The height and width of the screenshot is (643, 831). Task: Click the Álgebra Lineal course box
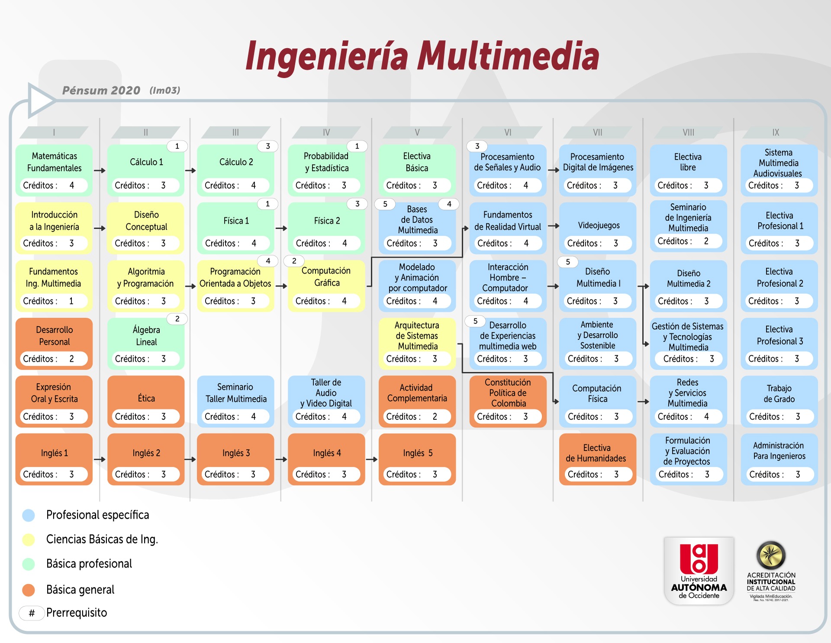146,344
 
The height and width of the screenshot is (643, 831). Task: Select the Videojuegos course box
598,228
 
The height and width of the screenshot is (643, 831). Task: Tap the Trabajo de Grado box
779,401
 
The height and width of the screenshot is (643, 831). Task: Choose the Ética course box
146,401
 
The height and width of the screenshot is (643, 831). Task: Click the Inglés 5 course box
417,459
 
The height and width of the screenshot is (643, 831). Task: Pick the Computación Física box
598,401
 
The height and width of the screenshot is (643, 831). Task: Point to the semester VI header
508,132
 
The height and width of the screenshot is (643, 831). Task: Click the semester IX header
776,132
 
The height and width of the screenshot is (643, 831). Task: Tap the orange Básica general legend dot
29,590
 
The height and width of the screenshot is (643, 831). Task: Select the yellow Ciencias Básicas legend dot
29,539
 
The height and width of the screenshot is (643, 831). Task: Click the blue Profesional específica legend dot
29,515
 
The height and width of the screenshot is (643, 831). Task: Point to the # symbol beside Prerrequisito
32,613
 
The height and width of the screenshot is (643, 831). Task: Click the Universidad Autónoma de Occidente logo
699,571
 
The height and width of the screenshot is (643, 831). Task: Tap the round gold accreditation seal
771,555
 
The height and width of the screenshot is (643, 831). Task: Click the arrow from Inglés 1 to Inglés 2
100,459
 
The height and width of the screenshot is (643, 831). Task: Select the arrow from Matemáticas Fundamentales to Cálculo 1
100,170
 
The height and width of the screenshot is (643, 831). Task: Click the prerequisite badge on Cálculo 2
268,146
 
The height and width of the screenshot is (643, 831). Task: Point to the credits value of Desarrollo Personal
72,359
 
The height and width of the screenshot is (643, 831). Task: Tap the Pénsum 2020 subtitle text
101,90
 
